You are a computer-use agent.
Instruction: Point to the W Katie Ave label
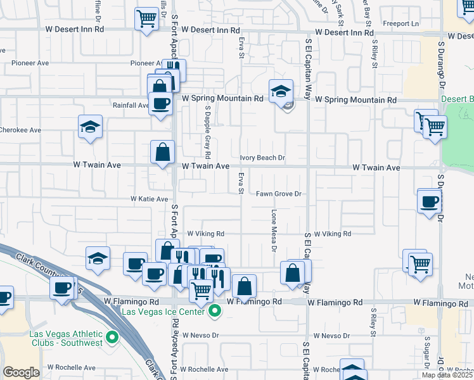pos(149,199)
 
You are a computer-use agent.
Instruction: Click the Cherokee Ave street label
pos(20,130)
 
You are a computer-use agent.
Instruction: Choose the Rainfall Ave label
pos(130,105)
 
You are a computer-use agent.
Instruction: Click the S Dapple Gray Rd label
pos(207,132)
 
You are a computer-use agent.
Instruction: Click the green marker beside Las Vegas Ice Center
pos(215,311)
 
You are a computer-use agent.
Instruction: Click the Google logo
pos(21,372)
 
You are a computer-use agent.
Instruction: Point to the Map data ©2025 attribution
pos(447,375)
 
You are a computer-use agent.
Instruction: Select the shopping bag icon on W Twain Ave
pos(162,151)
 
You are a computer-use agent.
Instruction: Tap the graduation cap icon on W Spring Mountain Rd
pos(279,91)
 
